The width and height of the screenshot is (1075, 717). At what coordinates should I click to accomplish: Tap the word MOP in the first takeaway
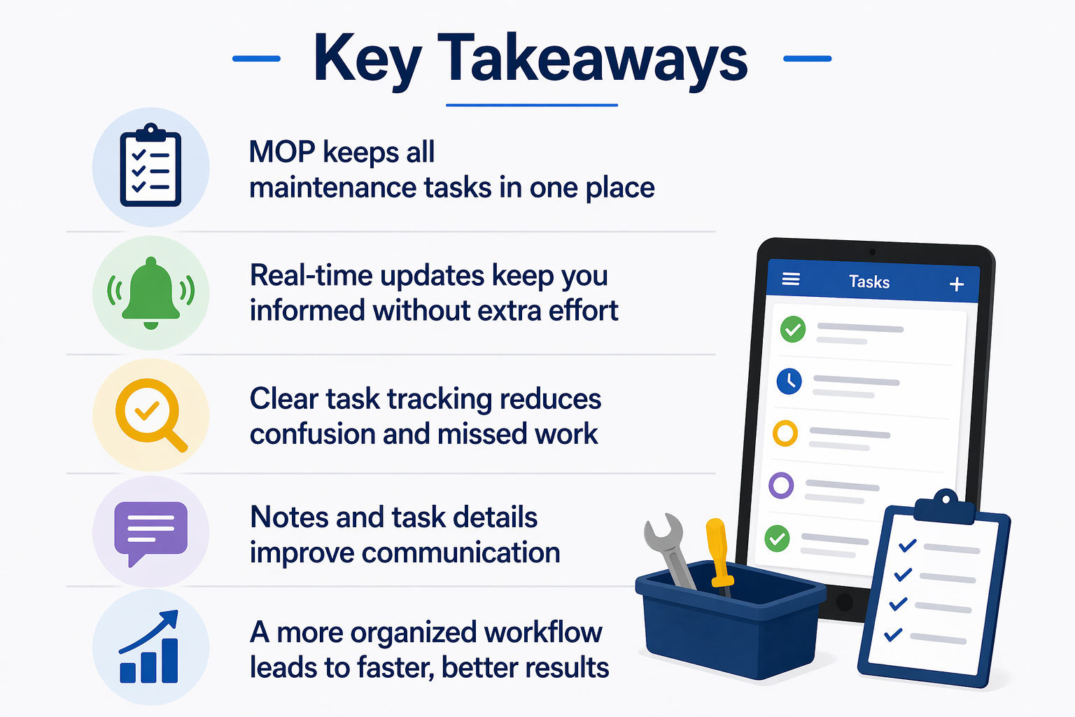282,152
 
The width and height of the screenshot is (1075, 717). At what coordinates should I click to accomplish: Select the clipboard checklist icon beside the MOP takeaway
150,165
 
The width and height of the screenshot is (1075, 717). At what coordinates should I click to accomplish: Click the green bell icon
150,293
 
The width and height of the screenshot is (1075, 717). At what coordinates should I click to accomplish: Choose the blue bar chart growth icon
150,646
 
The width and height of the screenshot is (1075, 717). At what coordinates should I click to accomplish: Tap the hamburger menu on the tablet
791,279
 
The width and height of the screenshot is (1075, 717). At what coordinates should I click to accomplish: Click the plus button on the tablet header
957,284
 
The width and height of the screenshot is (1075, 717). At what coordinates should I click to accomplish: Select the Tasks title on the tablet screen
869,281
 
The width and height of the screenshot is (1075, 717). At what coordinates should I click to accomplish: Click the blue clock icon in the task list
789,382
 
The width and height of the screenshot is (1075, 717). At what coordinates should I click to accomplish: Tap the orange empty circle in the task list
785,433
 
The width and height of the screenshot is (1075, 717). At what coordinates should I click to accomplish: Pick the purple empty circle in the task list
781,485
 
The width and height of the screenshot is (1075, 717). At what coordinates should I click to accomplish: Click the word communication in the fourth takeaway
461,552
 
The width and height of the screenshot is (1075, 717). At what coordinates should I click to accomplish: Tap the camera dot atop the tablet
873,252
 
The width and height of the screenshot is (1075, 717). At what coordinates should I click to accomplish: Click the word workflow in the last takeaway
543,632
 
